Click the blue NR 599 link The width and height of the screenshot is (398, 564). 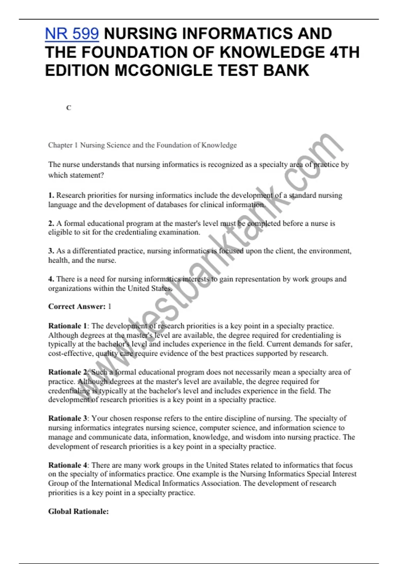point(72,34)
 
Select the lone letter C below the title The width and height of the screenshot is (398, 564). point(69,108)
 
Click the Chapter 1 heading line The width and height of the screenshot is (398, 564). point(142,145)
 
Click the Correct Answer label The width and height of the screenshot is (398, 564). point(77,307)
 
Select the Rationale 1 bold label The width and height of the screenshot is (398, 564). point(67,326)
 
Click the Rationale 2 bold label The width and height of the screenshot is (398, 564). point(67,372)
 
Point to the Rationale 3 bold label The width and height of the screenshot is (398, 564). point(67,418)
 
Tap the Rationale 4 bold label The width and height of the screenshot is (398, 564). point(67,465)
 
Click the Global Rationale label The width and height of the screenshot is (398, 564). point(78,512)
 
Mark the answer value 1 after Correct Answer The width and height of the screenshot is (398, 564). point(109,307)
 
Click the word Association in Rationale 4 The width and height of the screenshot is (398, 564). point(221,483)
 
